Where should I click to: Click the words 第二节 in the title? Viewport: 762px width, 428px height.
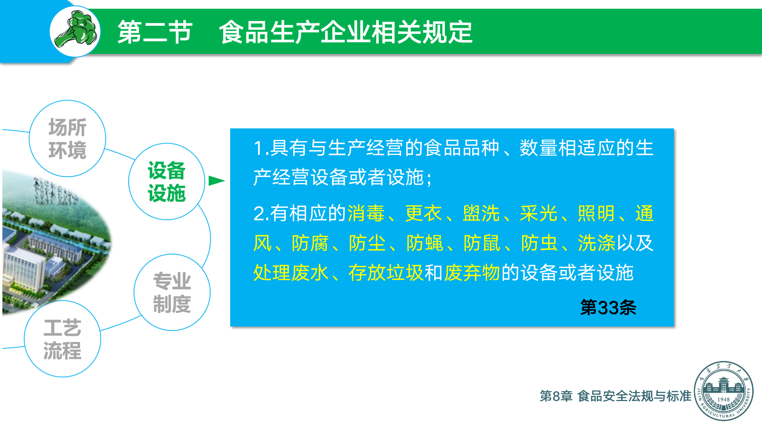coord(155,32)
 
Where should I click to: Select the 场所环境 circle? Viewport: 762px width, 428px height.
coord(67,138)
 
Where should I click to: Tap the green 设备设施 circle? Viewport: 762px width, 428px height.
coord(167,182)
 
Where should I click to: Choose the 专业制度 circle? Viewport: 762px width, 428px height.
coord(172,292)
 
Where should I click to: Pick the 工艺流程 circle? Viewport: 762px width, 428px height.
coord(62,339)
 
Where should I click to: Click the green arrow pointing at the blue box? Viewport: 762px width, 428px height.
coord(217,181)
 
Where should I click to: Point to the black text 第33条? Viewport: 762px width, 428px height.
coord(608,308)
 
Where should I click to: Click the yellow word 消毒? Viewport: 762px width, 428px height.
coord(366,214)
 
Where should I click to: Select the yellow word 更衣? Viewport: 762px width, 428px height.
coord(423,214)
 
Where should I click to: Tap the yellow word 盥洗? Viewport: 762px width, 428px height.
coord(481,214)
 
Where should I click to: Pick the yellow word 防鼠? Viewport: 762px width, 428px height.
coord(482,243)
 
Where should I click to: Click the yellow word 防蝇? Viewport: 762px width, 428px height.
coord(425,243)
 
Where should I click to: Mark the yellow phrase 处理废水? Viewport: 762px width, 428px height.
coord(291,273)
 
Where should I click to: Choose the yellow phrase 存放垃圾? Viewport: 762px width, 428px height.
coord(386,273)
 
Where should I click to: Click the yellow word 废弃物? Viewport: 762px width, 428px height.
coord(472,273)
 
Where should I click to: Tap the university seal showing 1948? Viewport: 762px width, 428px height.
coord(724,391)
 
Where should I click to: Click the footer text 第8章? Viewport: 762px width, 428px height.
coord(556,396)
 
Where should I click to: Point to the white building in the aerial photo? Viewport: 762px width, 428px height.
coord(24,269)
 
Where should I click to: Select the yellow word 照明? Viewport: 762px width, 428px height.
coord(596,214)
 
